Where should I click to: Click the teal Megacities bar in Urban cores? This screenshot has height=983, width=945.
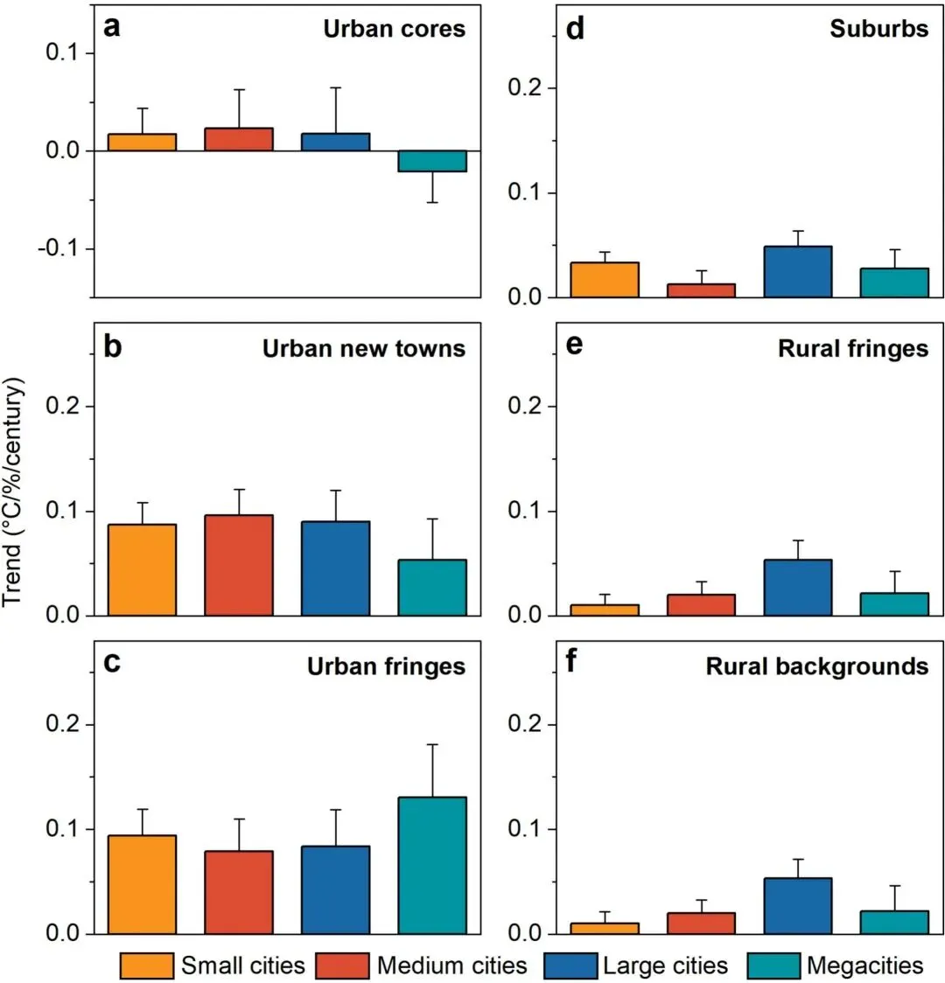[x=432, y=161]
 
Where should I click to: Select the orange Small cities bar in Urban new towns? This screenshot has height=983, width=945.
[x=142, y=569]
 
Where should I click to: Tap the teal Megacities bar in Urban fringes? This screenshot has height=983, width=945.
[x=432, y=865]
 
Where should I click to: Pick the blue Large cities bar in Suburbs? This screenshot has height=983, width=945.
[x=797, y=272]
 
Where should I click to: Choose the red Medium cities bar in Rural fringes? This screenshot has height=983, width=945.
[x=701, y=605]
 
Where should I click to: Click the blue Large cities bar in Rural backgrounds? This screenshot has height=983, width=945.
[x=797, y=906]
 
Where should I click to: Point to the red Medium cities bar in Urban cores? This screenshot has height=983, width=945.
[x=239, y=140]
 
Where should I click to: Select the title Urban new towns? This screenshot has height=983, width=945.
[x=363, y=349]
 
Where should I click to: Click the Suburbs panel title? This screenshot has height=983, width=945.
[x=878, y=29]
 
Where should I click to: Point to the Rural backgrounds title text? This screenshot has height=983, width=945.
[x=816, y=666]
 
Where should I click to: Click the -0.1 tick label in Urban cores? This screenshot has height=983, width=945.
[x=62, y=249]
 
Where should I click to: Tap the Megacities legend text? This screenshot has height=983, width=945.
[x=864, y=966]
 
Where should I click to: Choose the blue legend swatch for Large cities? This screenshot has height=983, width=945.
[x=569, y=966]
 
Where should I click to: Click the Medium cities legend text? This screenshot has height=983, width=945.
[x=451, y=966]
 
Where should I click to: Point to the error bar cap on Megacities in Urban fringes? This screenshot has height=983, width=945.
[x=432, y=744]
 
